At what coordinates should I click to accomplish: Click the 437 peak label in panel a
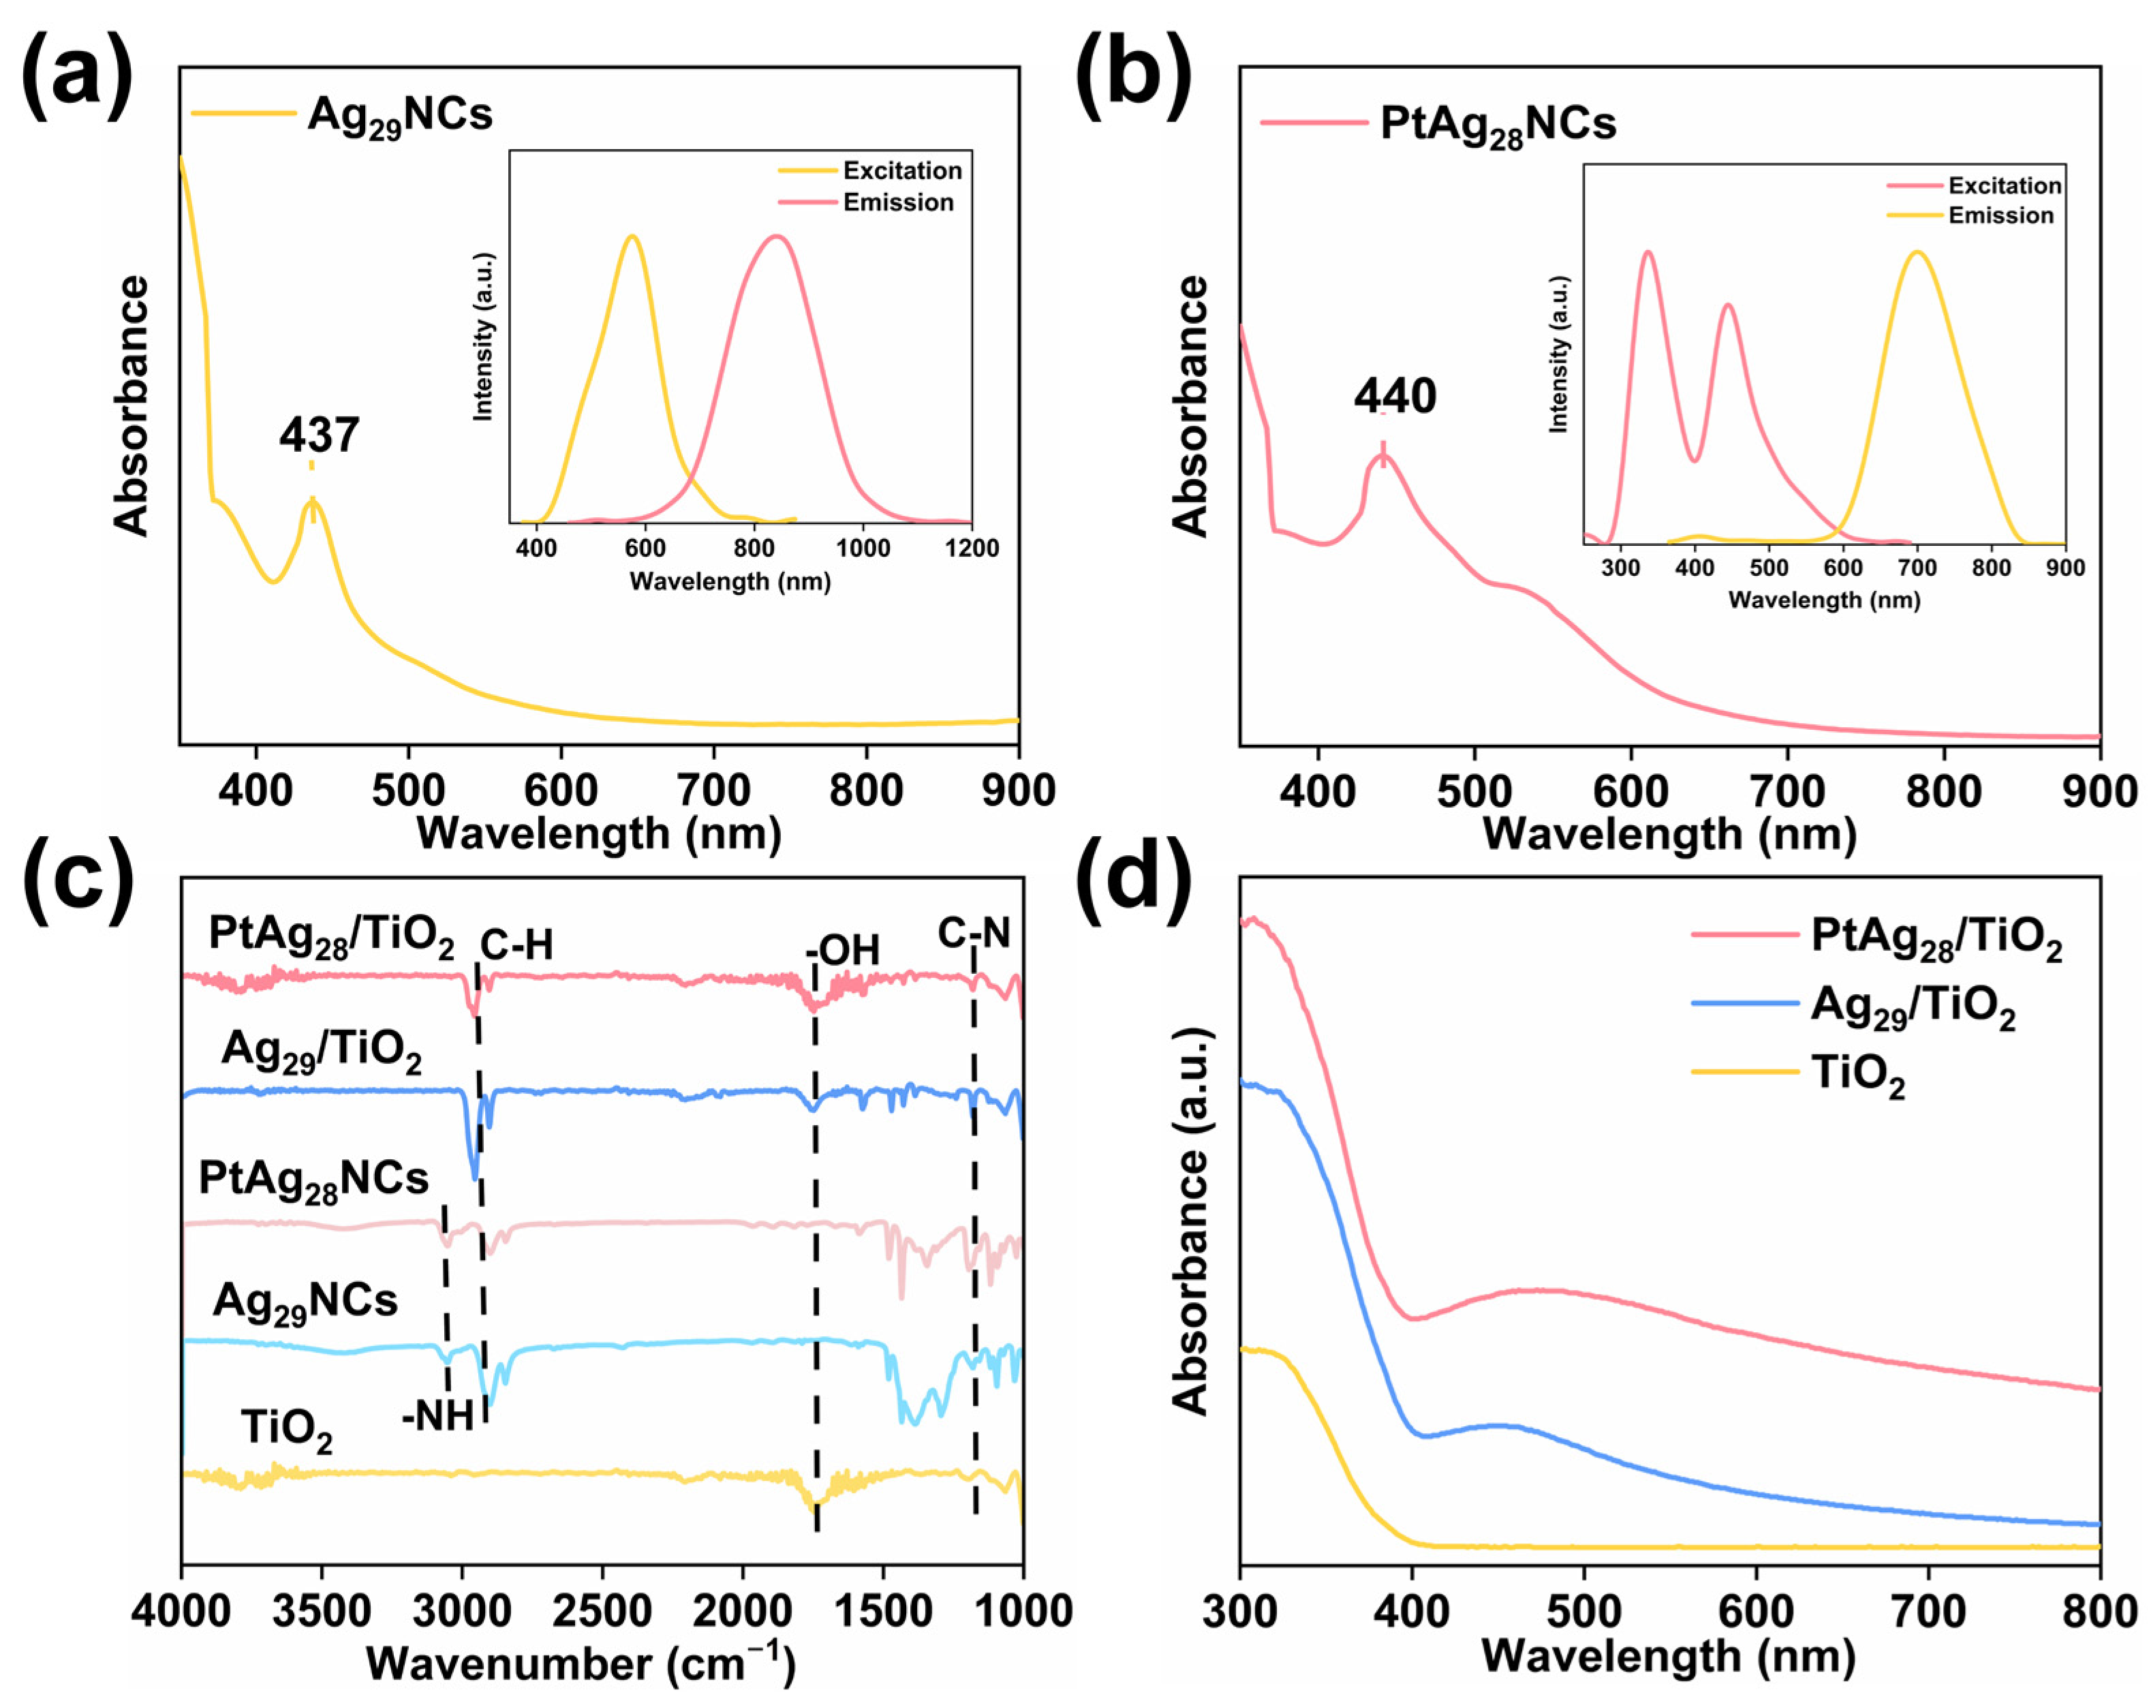point(320,435)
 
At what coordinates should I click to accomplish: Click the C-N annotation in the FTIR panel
point(974,933)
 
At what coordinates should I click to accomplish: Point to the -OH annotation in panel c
point(843,951)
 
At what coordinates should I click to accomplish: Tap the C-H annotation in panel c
point(516,944)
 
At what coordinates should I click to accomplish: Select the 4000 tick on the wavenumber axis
point(181,1610)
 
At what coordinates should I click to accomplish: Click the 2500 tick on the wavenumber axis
point(602,1610)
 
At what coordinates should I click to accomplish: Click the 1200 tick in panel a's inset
point(972,548)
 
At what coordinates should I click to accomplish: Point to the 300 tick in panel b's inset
point(1620,568)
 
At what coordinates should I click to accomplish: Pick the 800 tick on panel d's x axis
point(2099,1610)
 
